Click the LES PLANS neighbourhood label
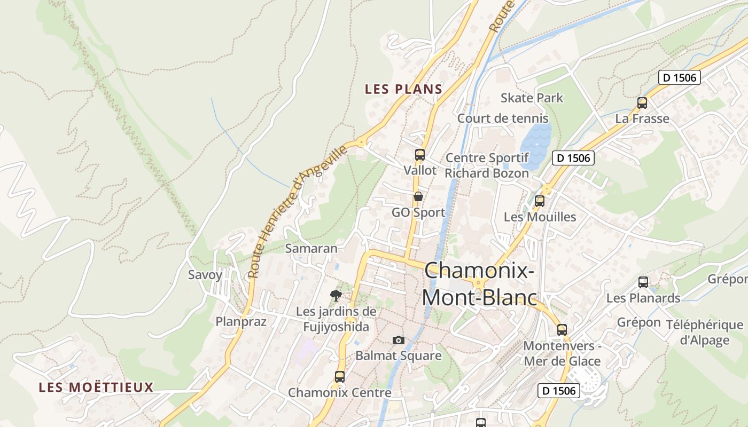click(x=403, y=89)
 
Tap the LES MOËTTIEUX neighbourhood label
click(x=96, y=387)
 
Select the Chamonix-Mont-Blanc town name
click(x=479, y=283)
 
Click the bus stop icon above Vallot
click(x=420, y=155)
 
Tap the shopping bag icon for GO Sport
click(x=418, y=196)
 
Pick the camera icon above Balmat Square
click(x=398, y=340)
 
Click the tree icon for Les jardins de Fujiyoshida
click(x=336, y=295)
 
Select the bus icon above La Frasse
click(x=642, y=103)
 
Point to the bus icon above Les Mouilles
click(x=540, y=201)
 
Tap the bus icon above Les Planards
click(x=643, y=282)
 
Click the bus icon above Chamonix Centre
click(x=339, y=376)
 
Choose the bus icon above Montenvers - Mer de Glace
click(x=562, y=329)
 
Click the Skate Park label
click(x=532, y=98)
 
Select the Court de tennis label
click(x=503, y=118)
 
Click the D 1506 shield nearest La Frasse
click(x=679, y=77)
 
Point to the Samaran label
click(x=311, y=248)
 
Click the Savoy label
click(x=205, y=275)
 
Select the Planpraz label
click(x=240, y=321)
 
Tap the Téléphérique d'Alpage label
click(x=705, y=332)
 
